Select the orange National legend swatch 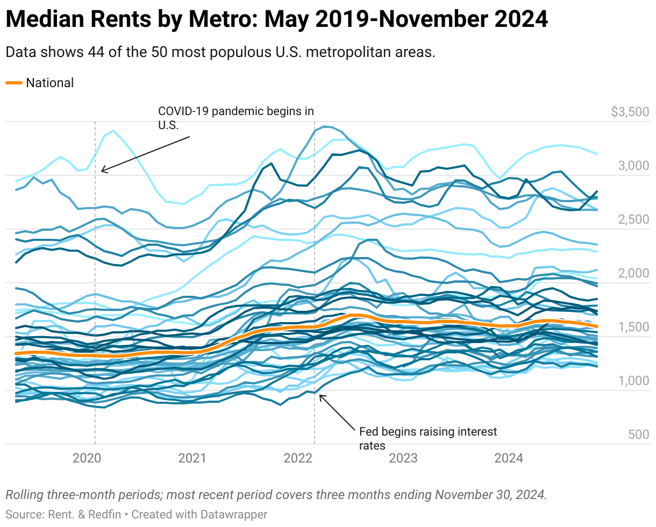pyautogui.click(x=14, y=83)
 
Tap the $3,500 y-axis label pyautogui.click(x=630, y=112)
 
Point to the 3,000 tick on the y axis pyautogui.click(x=633, y=166)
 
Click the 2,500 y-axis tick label pyautogui.click(x=633, y=219)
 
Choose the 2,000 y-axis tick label pyautogui.click(x=633, y=273)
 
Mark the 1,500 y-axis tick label pyautogui.click(x=633, y=327)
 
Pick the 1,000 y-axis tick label pyautogui.click(x=633, y=381)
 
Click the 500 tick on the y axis pyautogui.click(x=638, y=435)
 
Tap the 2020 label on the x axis pyautogui.click(x=87, y=458)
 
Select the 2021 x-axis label pyautogui.click(x=192, y=458)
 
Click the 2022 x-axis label pyautogui.click(x=298, y=458)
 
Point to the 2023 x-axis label pyautogui.click(x=403, y=458)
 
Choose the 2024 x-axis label pyautogui.click(x=509, y=458)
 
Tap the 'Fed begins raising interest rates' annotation pyautogui.click(x=428, y=438)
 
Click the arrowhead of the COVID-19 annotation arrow pyautogui.click(x=102, y=172)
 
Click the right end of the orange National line pyautogui.click(x=597, y=326)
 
